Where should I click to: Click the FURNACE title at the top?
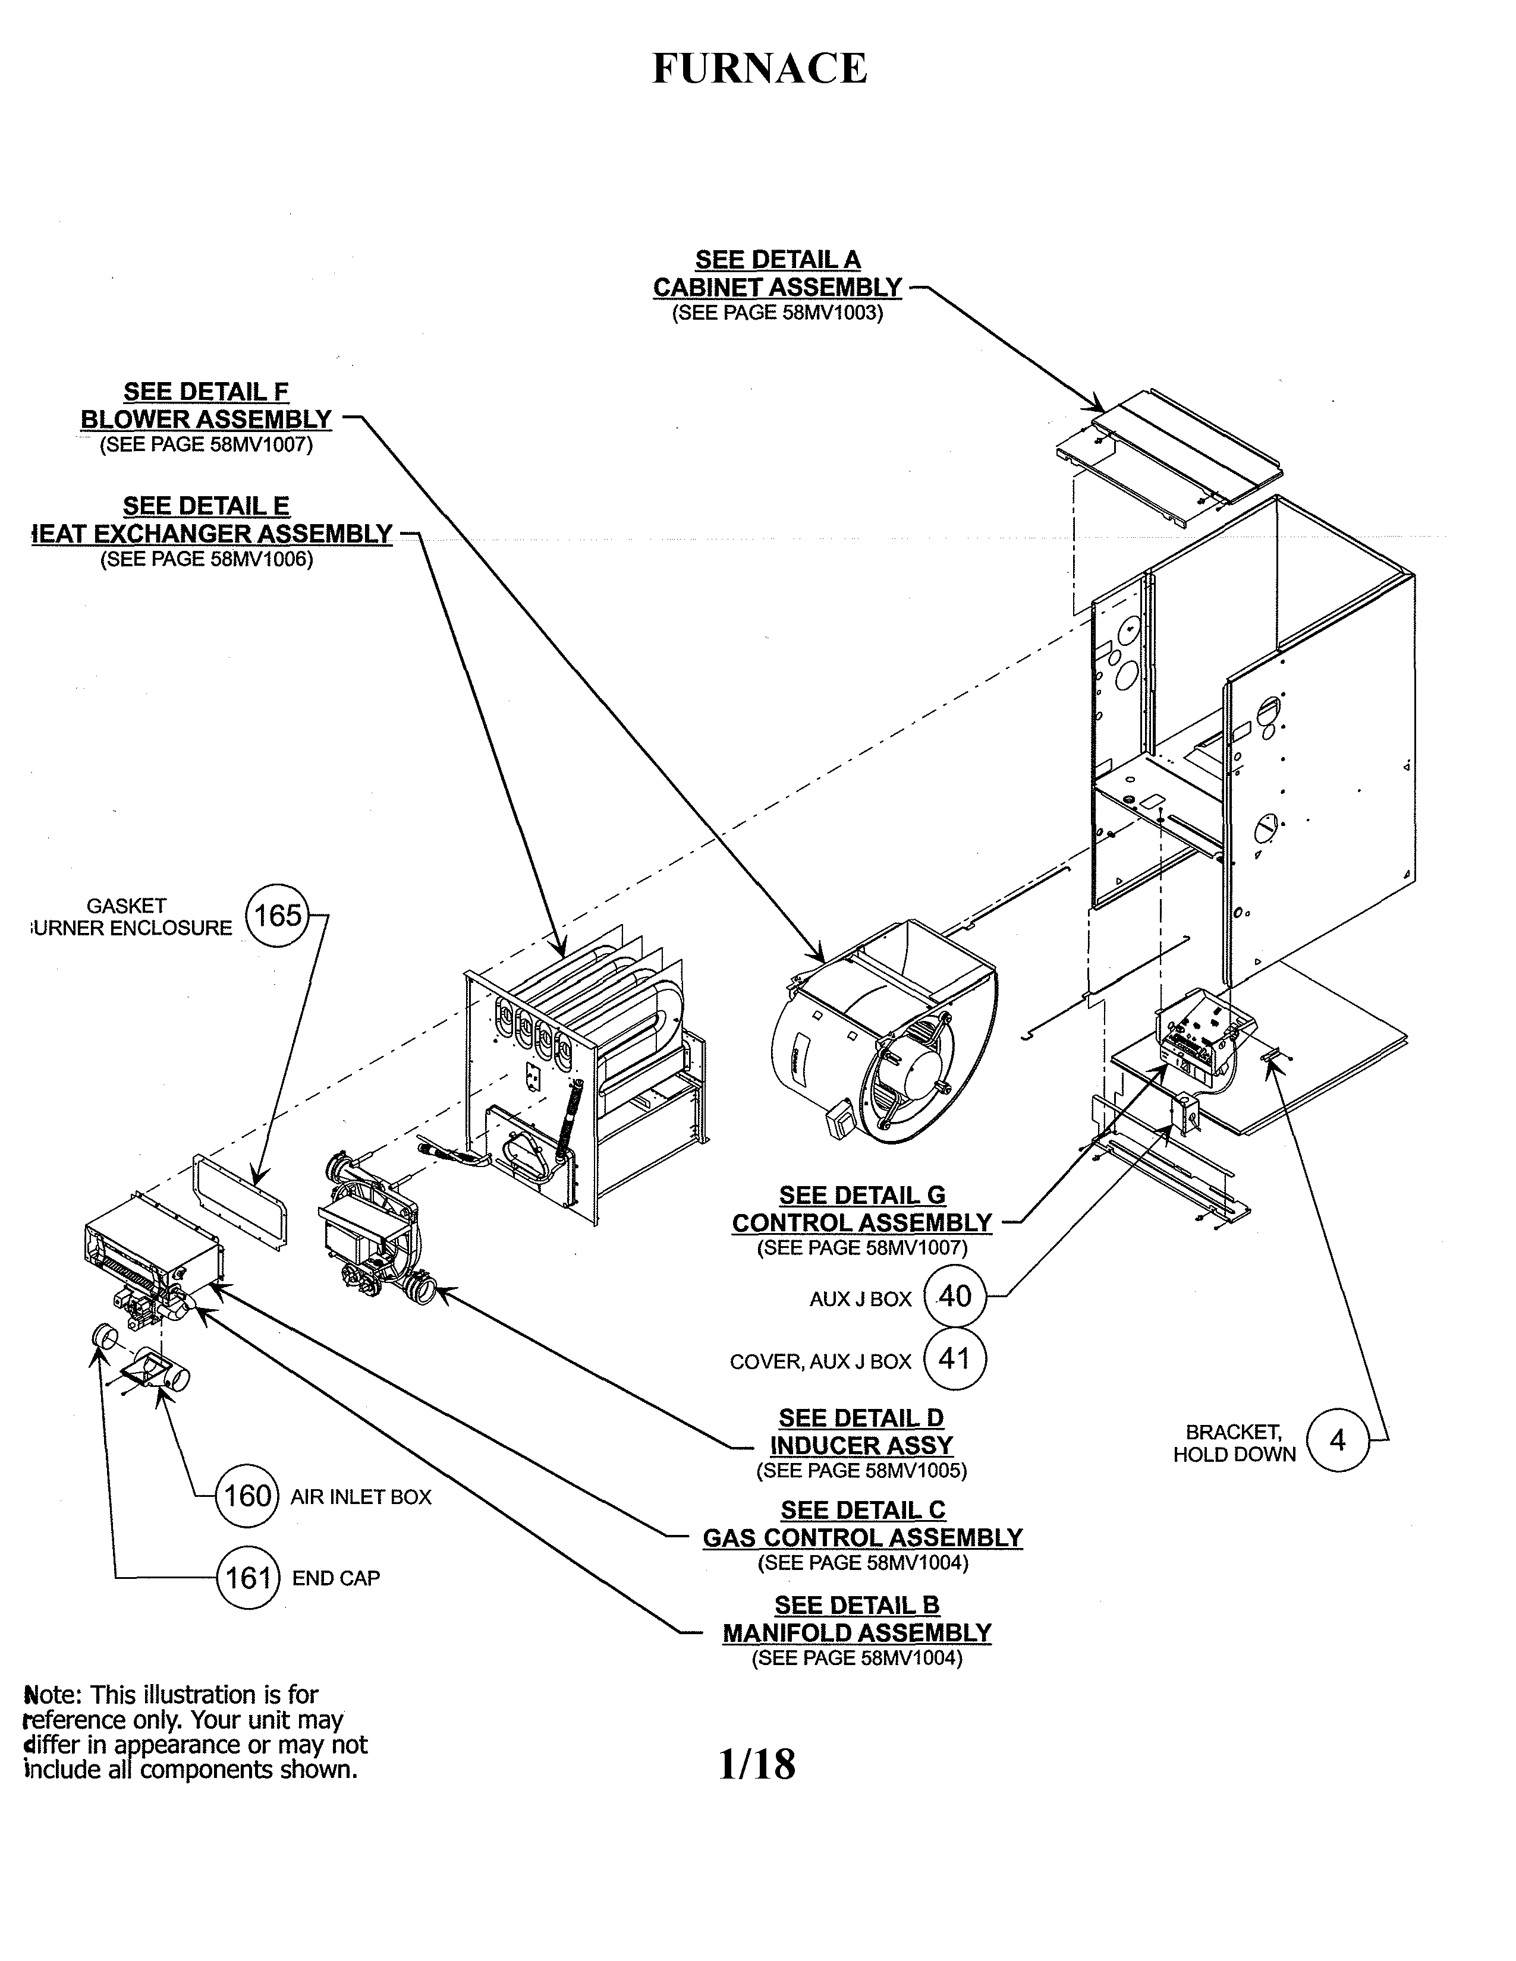point(759,68)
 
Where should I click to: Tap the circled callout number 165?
point(278,916)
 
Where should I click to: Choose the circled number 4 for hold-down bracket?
point(1337,1440)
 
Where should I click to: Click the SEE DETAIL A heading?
point(778,260)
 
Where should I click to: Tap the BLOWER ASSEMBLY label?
point(206,420)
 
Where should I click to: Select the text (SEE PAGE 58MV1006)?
point(206,559)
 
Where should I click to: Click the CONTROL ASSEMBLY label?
point(861,1223)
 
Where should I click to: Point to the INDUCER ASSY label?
point(861,1446)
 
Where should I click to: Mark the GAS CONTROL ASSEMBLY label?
point(862,1537)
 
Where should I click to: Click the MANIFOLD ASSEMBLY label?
point(857,1632)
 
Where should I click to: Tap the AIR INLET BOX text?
point(361,1497)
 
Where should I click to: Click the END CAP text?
point(336,1578)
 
